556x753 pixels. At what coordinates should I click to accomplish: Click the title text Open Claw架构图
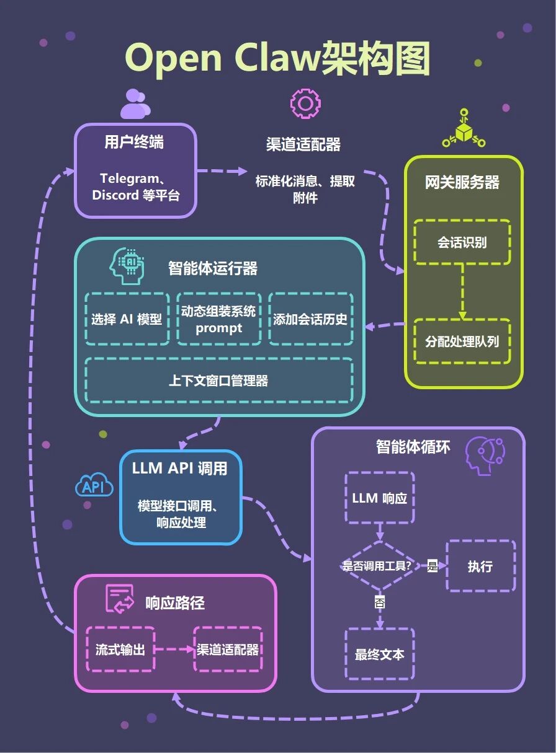point(277,59)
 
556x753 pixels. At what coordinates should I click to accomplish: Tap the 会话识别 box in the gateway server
point(462,242)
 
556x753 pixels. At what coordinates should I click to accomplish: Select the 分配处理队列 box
point(462,341)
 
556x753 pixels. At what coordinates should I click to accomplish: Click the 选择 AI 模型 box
point(127,319)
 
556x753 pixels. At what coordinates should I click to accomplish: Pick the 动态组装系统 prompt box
point(218,319)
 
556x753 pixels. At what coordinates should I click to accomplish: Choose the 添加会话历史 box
point(310,319)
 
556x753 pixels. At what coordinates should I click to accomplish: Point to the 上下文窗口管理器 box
point(218,380)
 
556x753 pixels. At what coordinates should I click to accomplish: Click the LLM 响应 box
point(379,498)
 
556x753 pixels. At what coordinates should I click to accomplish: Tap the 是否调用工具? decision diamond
point(379,566)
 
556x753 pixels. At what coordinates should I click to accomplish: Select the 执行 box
point(480,566)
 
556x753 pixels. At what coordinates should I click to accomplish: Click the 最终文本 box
point(379,654)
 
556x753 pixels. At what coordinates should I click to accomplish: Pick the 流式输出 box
point(120,650)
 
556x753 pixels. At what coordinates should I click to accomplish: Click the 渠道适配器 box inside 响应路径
point(228,650)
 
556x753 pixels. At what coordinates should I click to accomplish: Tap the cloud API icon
point(94,487)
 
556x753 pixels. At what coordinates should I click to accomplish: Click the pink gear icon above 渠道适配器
point(305,103)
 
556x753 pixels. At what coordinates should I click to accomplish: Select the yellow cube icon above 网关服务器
point(463,130)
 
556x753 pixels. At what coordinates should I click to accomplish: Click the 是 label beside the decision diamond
point(433,566)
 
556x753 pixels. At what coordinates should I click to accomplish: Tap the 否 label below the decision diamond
point(379,602)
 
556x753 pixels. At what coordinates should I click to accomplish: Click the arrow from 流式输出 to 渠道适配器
point(174,650)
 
